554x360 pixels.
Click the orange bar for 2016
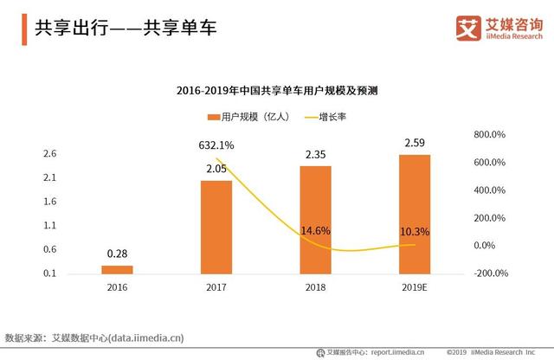pyautogui.click(x=118, y=269)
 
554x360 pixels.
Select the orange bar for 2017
pyautogui.click(x=216, y=227)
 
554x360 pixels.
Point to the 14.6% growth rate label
pyautogui.click(x=316, y=232)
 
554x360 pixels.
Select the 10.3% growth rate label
pyautogui.click(x=415, y=232)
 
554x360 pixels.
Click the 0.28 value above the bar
pyautogui.click(x=118, y=253)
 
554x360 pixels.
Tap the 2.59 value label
pyautogui.click(x=415, y=142)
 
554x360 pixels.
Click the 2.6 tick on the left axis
pyautogui.click(x=49, y=154)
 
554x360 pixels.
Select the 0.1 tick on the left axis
pyautogui.click(x=49, y=273)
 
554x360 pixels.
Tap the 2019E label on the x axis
pyautogui.click(x=415, y=286)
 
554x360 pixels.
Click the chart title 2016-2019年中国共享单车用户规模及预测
pyautogui.click(x=278, y=90)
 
